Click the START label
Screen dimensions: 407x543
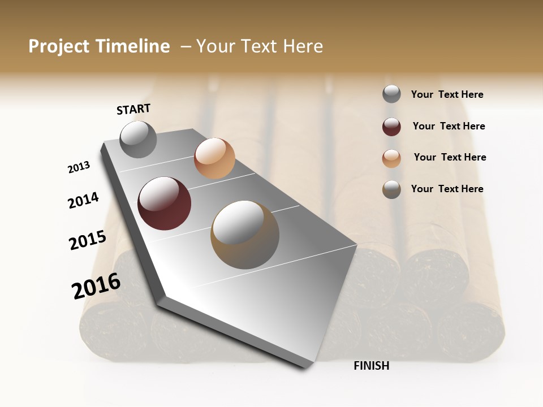133,109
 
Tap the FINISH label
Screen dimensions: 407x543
372,366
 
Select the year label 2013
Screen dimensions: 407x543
79,167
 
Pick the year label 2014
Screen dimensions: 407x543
84,201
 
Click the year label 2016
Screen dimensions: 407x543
96,286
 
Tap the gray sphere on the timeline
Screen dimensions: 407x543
138,139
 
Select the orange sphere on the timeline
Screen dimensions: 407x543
214,158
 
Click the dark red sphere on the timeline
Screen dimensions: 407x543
164,203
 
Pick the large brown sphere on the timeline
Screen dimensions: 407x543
245,235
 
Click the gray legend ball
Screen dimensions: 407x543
391,94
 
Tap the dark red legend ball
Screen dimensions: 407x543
391,127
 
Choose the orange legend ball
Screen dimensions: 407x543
391,158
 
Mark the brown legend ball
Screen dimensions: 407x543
391,189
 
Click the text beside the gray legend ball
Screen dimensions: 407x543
447,94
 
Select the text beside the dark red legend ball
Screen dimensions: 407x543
449,126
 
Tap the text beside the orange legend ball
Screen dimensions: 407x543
450,157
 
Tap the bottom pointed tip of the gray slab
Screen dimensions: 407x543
306,367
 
